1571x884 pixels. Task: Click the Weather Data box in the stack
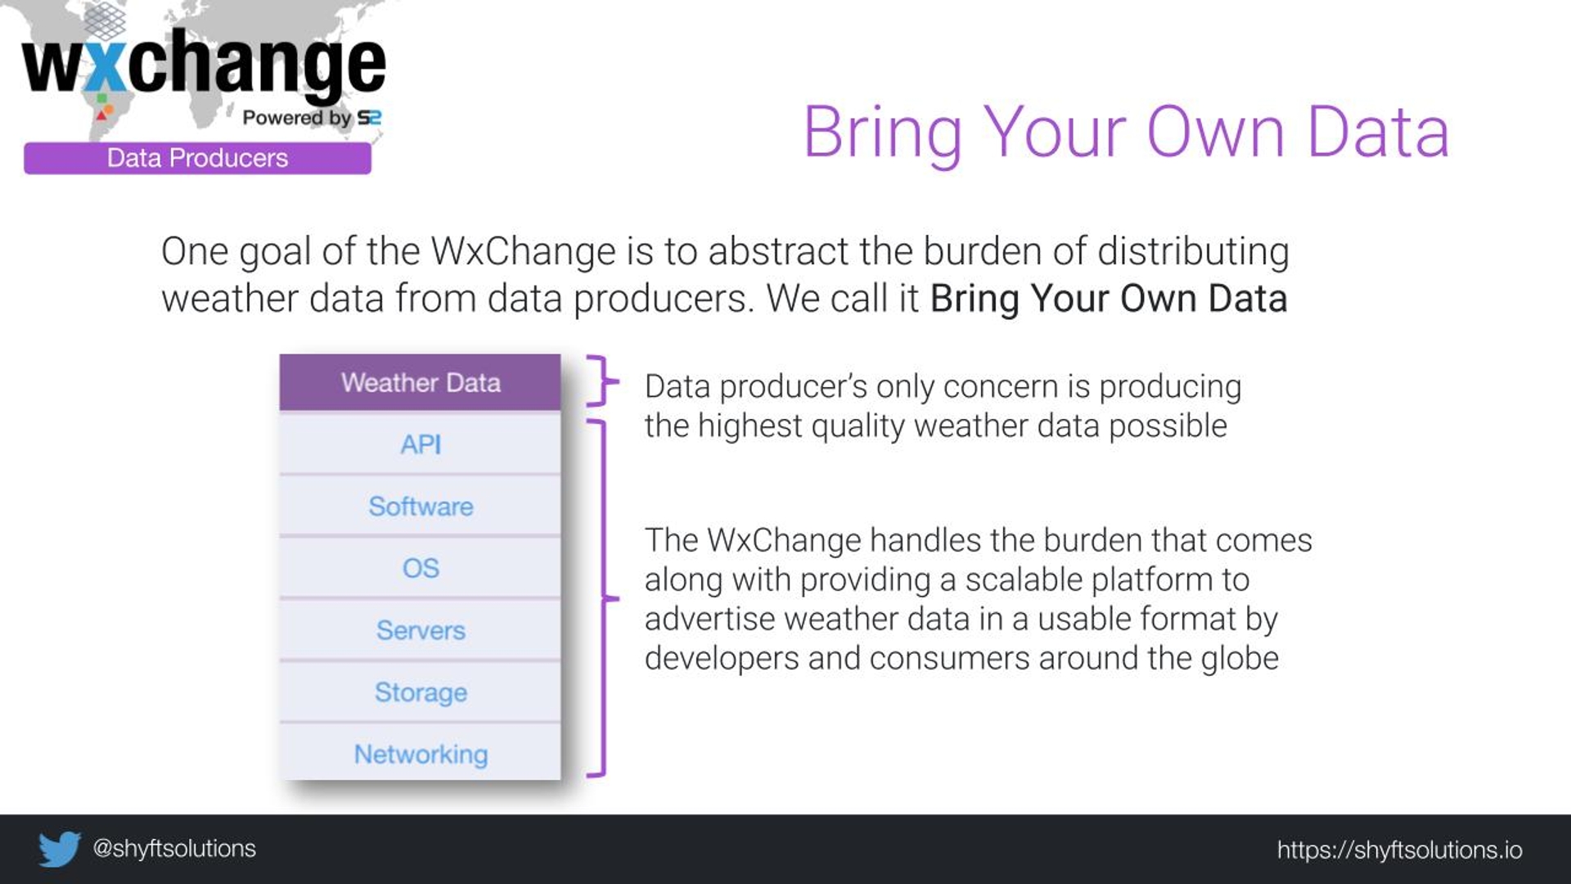[x=420, y=382]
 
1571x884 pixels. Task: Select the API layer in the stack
[x=420, y=444]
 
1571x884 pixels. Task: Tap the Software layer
[x=420, y=506]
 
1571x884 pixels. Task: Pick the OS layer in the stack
[x=420, y=568]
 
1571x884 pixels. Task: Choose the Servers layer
[x=420, y=630]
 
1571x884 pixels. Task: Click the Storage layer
[x=420, y=692]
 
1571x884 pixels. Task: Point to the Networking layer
[x=420, y=753]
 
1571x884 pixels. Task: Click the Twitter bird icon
[x=60, y=849]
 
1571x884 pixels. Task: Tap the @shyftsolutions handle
[x=174, y=849]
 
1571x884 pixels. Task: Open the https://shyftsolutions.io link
[x=1399, y=850]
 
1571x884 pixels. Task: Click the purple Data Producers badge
[x=197, y=158]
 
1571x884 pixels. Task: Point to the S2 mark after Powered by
[x=369, y=118]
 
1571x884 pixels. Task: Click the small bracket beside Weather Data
[x=604, y=381]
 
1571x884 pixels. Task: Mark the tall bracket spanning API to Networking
[x=604, y=598]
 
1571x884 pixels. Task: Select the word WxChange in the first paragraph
[x=523, y=251]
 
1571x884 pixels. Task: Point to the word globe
[x=1240, y=658]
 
